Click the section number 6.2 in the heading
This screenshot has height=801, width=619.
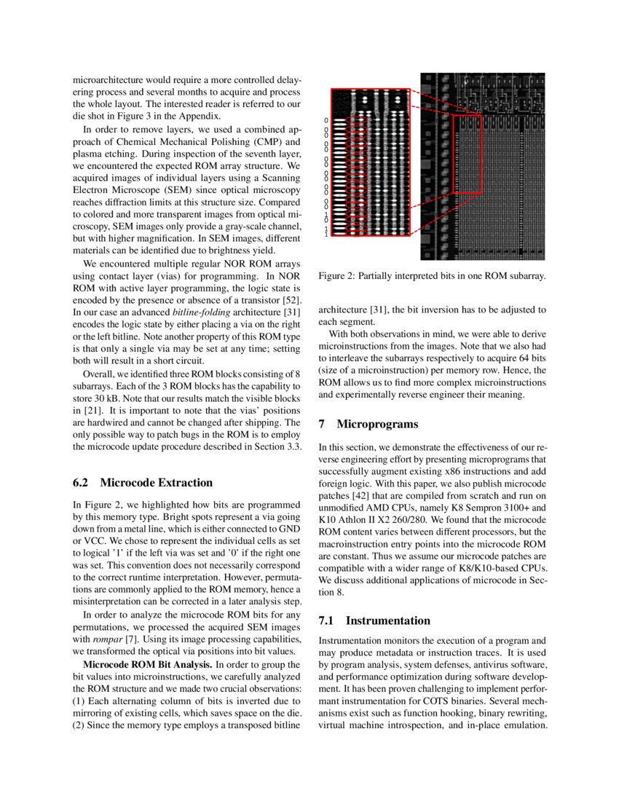83,483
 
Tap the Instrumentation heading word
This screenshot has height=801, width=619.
387,621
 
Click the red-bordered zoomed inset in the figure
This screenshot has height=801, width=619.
371,162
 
